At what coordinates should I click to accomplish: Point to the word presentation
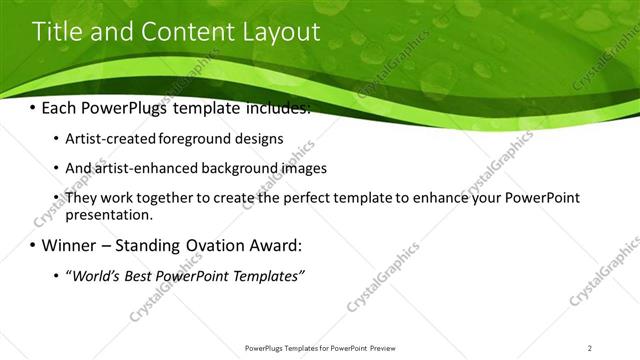108,214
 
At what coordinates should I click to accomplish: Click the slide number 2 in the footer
589,348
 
